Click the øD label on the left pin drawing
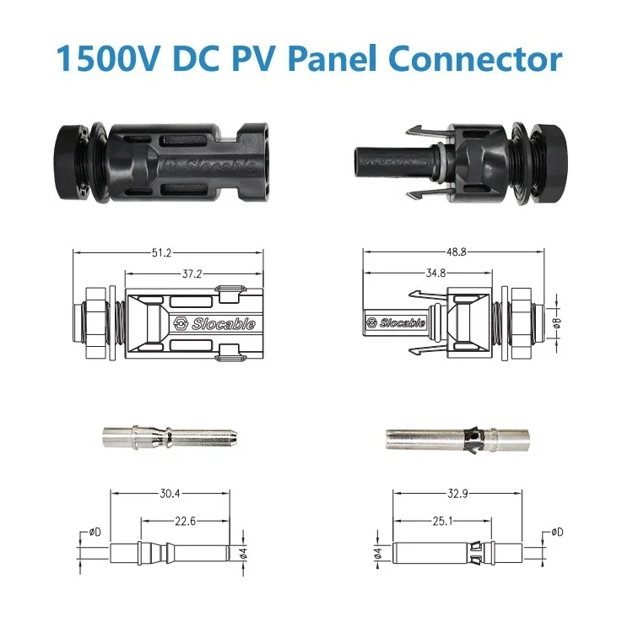click(x=97, y=532)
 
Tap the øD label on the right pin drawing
click(x=557, y=532)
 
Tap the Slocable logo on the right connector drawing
click(x=398, y=322)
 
